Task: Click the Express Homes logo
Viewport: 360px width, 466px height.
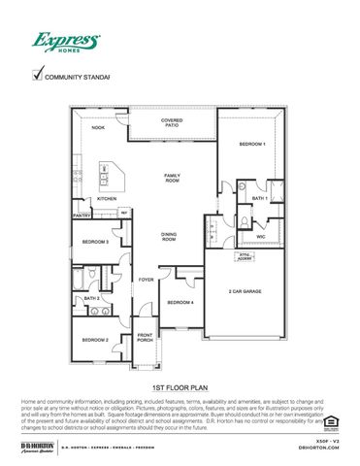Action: click(x=67, y=44)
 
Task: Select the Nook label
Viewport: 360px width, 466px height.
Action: click(x=98, y=127)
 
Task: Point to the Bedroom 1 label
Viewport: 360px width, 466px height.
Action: click(x=252, y=144)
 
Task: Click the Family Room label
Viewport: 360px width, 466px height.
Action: click(x=172, y=178)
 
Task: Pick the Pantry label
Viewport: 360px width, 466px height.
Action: click(x=82, y=216)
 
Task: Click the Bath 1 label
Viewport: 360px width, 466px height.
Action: click(x=259, y=198)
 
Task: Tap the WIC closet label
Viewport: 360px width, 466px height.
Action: click(x=261, y=236)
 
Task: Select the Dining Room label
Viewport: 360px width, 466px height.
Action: click(x=168, y=236)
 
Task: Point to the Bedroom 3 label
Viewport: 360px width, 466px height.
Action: click(x=94, y=242)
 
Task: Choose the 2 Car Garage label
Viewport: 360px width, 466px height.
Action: click(x=244, y=291)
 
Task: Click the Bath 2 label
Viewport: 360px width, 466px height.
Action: click(x=92, y=299)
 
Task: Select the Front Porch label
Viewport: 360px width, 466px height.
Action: click(x=145, y=338)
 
